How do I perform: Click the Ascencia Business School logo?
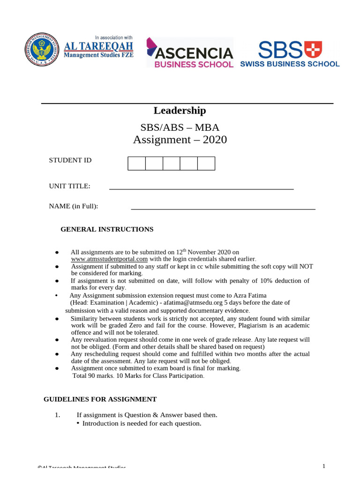click(190, 53)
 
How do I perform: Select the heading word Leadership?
click(180, 111)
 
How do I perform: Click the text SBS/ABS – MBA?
click(180, 127)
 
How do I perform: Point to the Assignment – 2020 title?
click(180, 140)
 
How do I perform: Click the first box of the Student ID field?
click(136, 164)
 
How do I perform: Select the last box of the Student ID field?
click(206, 164)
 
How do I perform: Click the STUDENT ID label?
click(70, 160)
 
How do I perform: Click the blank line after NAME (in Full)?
click(223, 208)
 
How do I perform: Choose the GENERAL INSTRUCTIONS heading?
click(107, 229)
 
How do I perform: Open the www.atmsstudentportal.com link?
click(109, 259)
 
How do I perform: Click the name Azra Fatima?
click(247, 295)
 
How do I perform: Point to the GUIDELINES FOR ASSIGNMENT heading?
click(100, 399)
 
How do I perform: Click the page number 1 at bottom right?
click(323, 466)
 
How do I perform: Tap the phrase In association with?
click(114, 37)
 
